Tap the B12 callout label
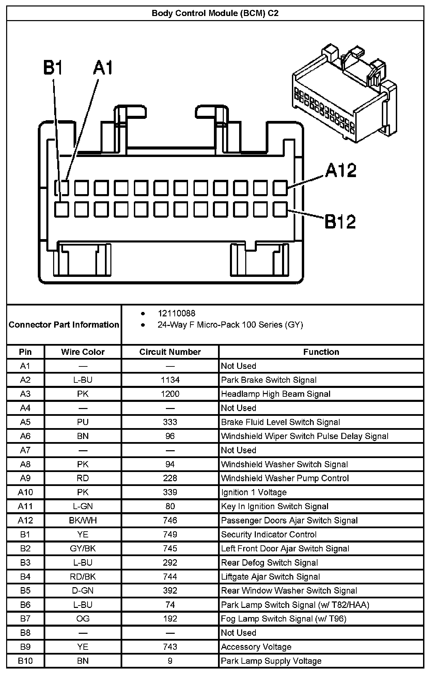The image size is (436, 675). [340, 221]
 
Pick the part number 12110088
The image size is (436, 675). [176, 313]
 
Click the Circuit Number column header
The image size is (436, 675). [170, 352]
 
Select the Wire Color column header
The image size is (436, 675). [83, 352]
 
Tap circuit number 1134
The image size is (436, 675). [170, 380]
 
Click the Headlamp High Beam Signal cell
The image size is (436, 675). [276, 394]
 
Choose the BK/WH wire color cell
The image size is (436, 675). [83, 520]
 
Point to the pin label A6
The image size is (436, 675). [25, 436]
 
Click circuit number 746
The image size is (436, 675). [170, 520]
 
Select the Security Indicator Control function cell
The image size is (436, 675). [269, 534]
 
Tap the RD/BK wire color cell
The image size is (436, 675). [83, 577]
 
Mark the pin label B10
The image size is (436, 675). [25, 661]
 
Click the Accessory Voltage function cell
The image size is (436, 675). [256, 647]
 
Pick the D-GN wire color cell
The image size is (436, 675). [83, 591]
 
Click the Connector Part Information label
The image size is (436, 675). [64, 325]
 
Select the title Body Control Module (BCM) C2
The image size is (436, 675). [215, 13]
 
